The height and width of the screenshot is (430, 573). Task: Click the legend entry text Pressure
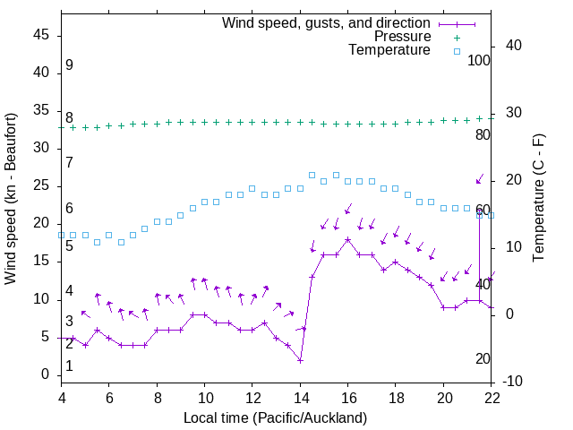click(403, 37)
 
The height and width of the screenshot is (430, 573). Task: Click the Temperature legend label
click(389, 51)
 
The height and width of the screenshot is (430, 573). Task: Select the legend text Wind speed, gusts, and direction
click(327, 22)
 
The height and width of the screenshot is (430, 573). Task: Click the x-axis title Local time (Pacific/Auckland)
click(275, 417)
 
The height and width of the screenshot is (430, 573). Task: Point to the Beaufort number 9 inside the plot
click(69, 65)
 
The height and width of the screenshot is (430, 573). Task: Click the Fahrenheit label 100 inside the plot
click(479, 61)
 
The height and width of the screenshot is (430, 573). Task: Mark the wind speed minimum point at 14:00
click(301, 360)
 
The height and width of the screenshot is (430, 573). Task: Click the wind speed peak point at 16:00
click(348, 239)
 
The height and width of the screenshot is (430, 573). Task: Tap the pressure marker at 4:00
click(61, 127)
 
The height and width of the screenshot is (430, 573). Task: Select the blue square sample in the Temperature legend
click(457, 51)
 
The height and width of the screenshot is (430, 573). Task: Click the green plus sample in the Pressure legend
click(457, 37)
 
